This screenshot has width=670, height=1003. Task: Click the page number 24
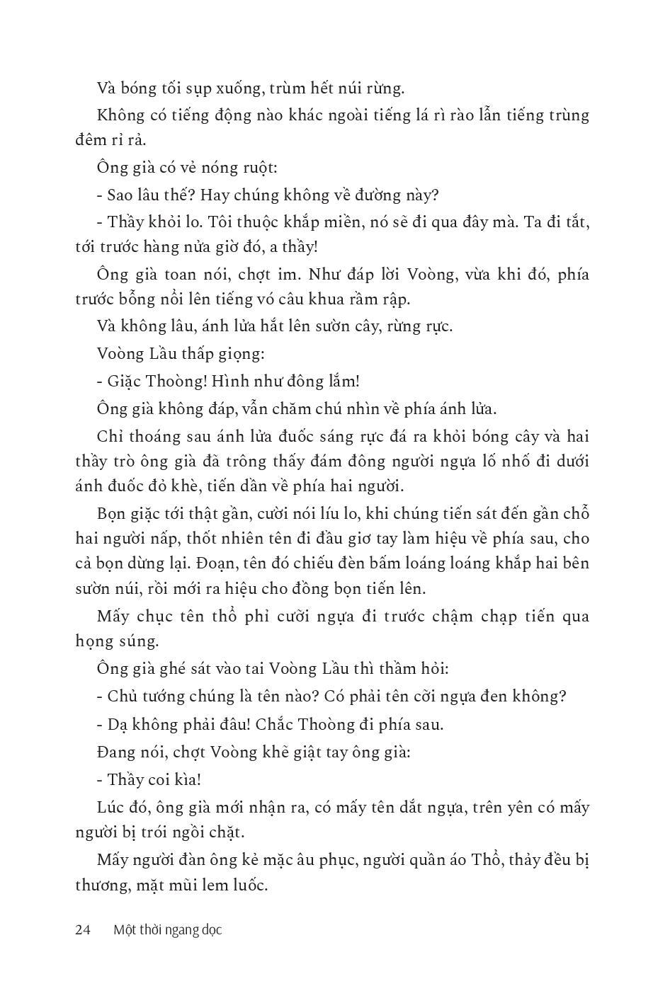pos(82,930)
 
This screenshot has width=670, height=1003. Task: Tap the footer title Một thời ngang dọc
pos(167,930)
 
